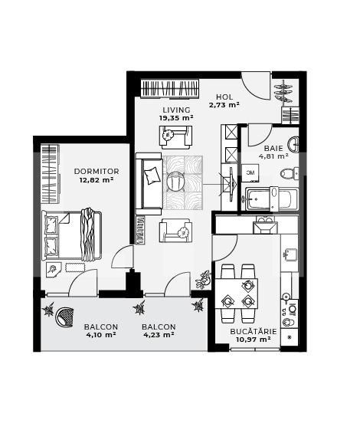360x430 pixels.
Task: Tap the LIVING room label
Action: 176,109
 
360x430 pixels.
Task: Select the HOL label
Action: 224,97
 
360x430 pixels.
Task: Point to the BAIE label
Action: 273,148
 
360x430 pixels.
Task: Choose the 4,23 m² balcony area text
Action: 159,335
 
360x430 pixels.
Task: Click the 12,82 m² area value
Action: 96,181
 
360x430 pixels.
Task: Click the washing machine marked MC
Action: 250,173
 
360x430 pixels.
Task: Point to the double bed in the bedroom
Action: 70,235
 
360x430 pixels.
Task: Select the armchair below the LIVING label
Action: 175,136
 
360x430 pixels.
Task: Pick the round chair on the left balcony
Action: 67,315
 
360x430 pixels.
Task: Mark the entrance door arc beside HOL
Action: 257,86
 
